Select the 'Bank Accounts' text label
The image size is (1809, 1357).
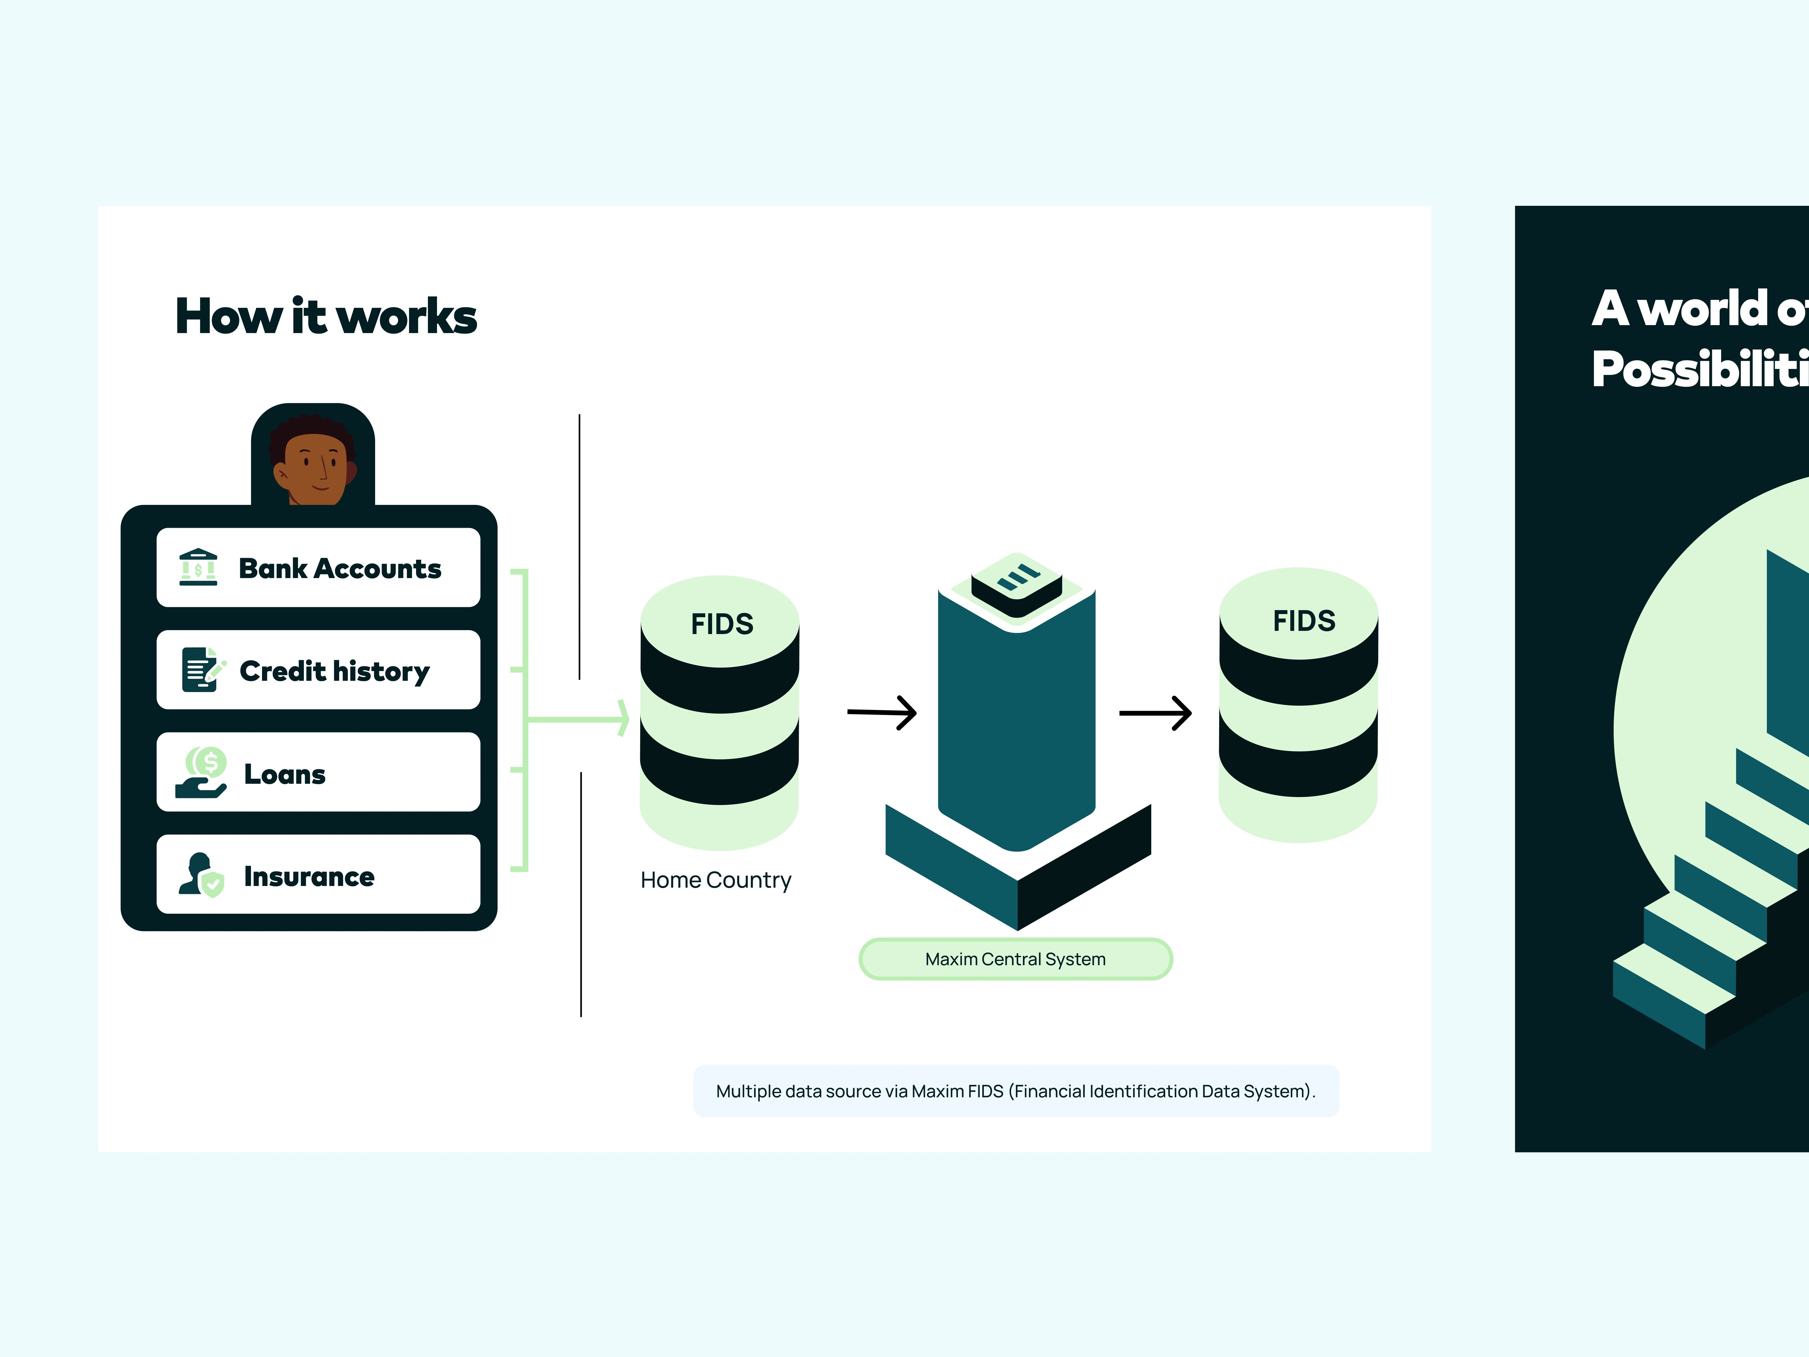[x=339, y=569]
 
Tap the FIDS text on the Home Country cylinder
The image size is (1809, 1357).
[x=721, y=624]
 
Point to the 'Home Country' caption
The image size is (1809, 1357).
[x=716, y=880]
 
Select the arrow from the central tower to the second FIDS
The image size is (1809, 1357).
[x=1155, y=713]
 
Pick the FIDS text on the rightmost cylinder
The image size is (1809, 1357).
[x=1304, y=621]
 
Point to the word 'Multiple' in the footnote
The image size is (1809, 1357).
[x=748, y=1091]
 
